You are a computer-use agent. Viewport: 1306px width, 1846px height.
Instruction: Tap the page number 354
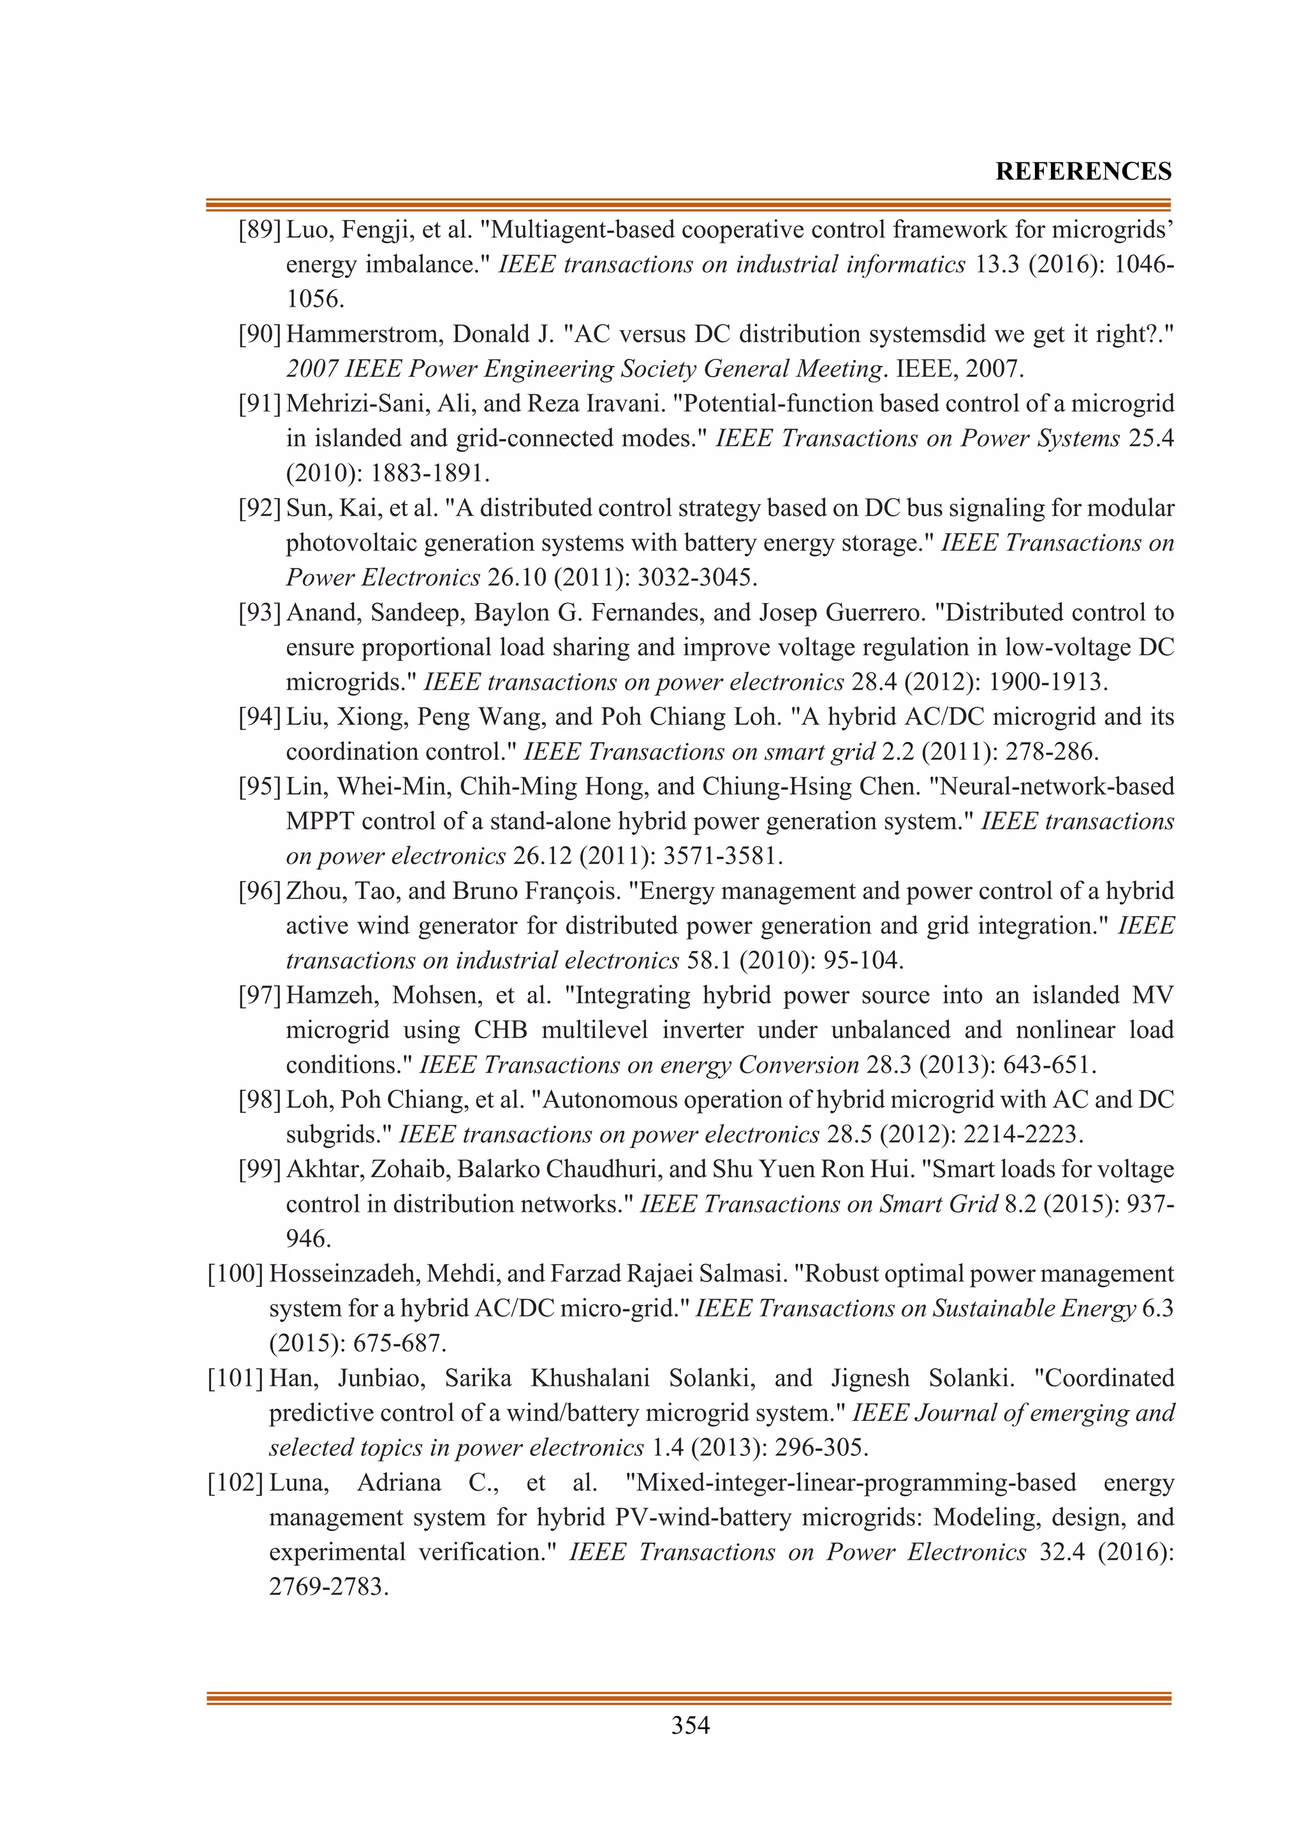click(x=690, y=1726)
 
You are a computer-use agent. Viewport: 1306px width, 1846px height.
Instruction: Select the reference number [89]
click(x=259, y=230)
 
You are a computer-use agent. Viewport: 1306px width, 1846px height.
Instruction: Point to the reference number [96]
click(x=259, y=891)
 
